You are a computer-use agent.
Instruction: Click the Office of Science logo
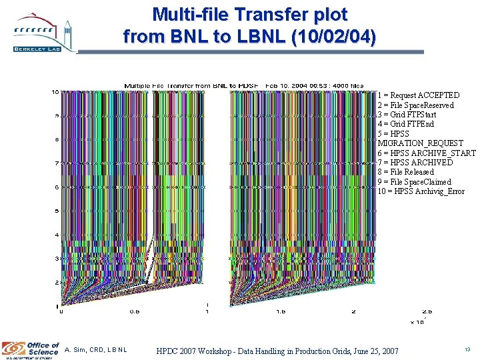coord(31,349)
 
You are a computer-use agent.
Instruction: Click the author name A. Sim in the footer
coord(96,350)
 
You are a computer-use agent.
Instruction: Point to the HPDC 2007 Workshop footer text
coord(277,351)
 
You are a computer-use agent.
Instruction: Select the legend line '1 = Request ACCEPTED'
coord(418,95)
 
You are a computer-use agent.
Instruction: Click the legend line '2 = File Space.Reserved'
coord(415,105)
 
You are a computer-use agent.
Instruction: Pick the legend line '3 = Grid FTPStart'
coord(407,115)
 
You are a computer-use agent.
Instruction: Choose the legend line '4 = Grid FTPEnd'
coord(405,124)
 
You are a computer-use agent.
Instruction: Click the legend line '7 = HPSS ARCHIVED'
coord(415,162)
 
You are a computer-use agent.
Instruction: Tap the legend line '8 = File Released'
coord(405,172)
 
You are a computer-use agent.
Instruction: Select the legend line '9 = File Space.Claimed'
coord(414,181)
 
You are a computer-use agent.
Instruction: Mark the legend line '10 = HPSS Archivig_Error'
coord(421,191)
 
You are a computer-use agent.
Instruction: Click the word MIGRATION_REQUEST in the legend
coord(420,143)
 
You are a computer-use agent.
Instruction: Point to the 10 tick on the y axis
coord(55,92)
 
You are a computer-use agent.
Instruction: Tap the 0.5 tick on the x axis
coord(134,311)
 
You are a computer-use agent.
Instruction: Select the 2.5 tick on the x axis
coord(427,311)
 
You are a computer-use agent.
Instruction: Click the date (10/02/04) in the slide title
coord(333,36)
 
